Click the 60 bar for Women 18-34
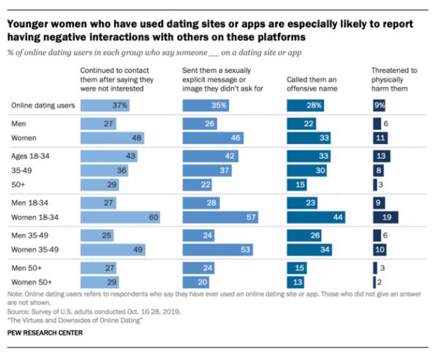(120, 217)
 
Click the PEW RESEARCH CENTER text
(45, 332)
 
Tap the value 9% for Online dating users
(380, 105)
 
